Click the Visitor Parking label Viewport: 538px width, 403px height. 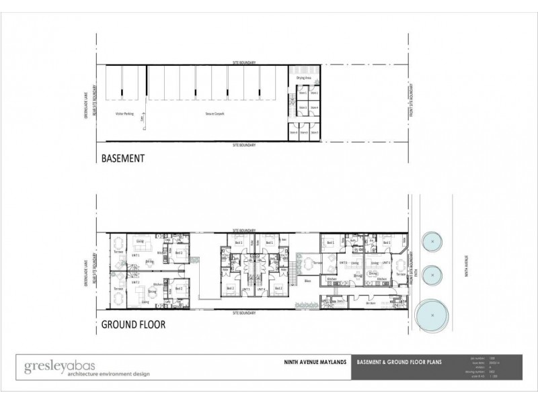(x=125, y=114)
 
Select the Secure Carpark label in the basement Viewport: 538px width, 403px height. (x=215, y=114)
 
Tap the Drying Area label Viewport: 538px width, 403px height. (x=303, y=79)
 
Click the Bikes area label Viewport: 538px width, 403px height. (x=307, y=281)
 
